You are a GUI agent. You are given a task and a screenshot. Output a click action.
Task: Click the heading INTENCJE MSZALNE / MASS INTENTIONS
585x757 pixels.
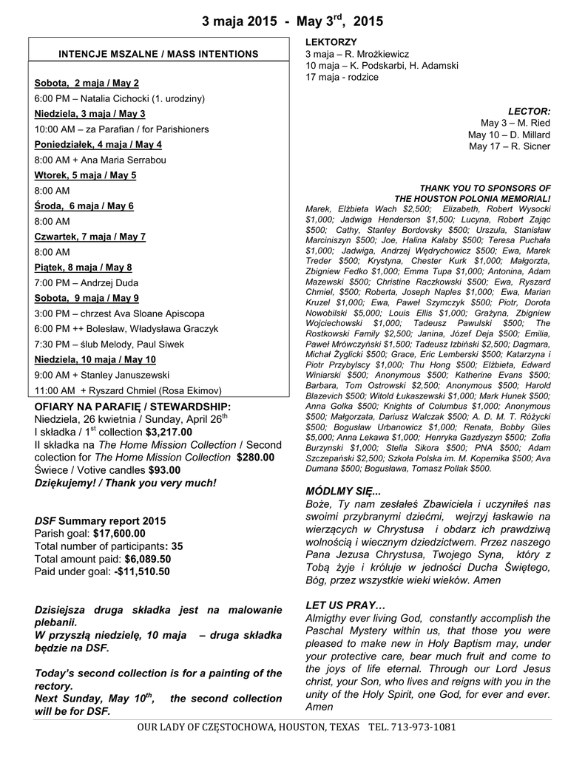click(159, 55)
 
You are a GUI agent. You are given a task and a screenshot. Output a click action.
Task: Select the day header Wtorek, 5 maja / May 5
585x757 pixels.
click(85, 175)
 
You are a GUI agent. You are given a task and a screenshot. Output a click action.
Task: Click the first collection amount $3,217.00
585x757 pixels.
click(169, 432)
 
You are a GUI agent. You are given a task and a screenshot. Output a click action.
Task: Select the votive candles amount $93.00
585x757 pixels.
click(164, 469)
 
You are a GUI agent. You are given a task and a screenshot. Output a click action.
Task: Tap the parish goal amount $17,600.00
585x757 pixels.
click(119, 533)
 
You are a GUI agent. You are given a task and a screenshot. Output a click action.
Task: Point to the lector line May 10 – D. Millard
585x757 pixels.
click(509, 135)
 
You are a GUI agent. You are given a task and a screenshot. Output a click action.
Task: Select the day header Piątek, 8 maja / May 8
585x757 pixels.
click(83, 268)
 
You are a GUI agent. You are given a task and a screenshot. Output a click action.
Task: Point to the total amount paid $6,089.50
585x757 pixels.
click(148, 559)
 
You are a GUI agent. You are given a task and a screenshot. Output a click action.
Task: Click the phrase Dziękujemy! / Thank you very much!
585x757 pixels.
click(126, 483)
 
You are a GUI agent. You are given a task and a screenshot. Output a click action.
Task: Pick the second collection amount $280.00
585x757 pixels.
click(256, 457)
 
